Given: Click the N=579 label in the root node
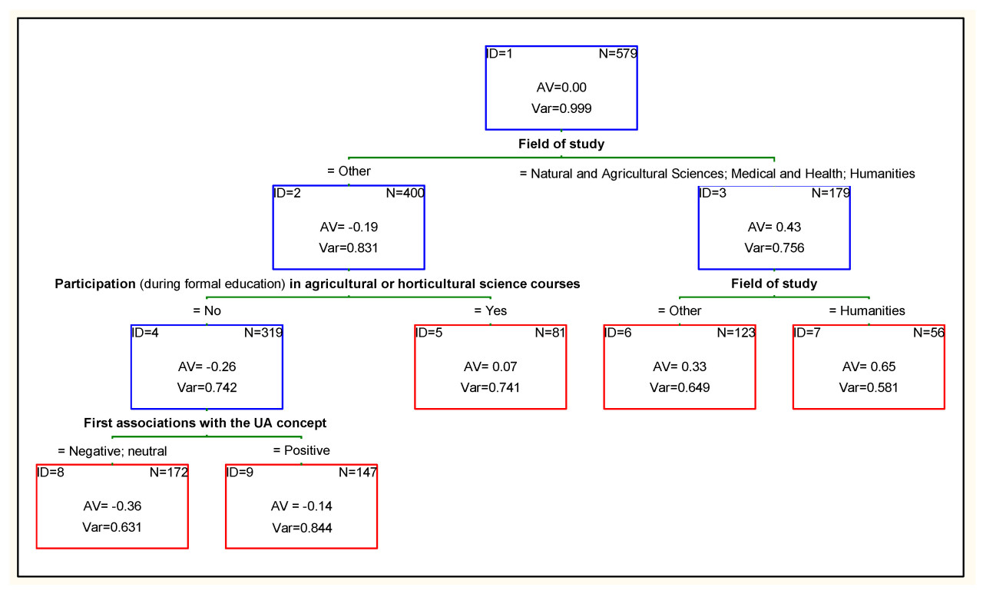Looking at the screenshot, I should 617,54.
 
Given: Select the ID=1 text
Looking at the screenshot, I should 500,54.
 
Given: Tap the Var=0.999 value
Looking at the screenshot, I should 561,108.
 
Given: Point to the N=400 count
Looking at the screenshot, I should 405,193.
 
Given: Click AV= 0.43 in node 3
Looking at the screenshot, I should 774,227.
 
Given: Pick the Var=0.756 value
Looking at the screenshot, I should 774,247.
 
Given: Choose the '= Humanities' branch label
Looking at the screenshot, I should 867,311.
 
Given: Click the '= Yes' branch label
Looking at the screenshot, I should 491,311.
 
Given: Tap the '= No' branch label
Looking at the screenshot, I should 207,311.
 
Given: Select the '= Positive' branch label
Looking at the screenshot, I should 301,450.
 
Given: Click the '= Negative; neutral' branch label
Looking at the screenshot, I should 112,451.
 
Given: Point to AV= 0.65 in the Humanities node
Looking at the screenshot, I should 869,367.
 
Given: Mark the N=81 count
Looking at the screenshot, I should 550,333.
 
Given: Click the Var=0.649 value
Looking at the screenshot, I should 680,387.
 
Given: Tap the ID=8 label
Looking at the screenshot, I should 51,472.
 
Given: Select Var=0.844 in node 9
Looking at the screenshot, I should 301,527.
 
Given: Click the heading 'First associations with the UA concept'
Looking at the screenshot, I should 205,423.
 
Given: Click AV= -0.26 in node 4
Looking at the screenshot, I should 207,367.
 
